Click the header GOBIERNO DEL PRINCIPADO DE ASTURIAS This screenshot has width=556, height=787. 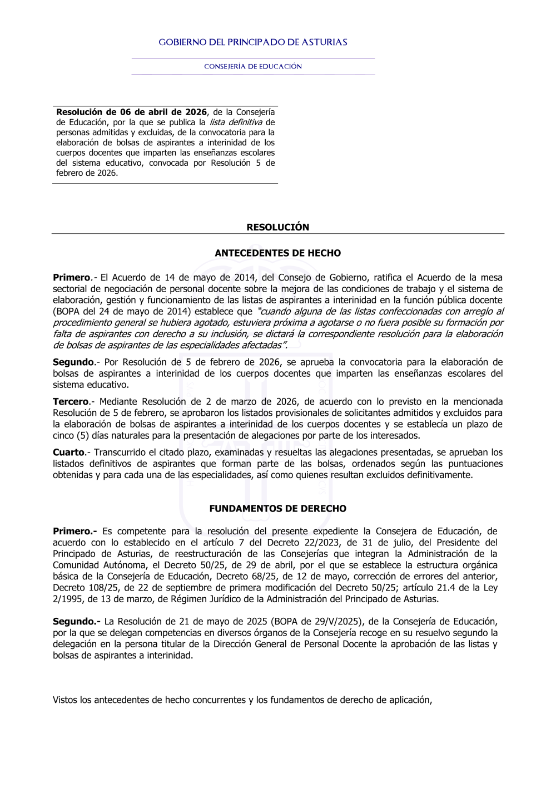click(253, 42)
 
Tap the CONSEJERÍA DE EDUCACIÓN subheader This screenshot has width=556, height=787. click(253, 66)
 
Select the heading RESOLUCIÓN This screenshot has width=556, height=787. click(278, 227)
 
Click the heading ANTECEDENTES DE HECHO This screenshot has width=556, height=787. click(278, 253)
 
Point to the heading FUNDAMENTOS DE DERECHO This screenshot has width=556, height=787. click(278, 509)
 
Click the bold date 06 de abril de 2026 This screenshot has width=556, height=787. click(163, 112)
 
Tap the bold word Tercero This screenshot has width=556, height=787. click(71, 402)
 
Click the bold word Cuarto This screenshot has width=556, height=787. click(69, 452)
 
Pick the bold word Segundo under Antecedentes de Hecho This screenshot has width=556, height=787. click(73, 362)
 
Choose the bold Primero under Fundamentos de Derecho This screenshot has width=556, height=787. click(75, 532)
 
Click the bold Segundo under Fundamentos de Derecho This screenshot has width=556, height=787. click(76, 622)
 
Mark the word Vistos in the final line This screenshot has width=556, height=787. click(65, 700)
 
